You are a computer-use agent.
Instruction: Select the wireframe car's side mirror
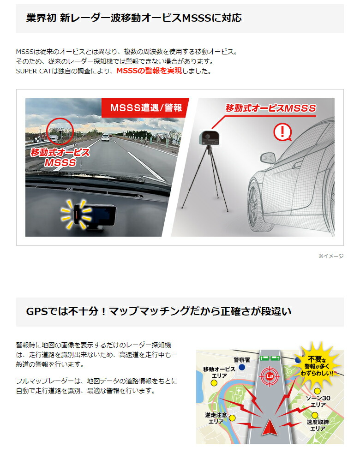pos(268,158)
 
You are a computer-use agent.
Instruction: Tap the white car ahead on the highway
pos(106,137)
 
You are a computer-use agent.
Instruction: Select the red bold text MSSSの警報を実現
pos(149,71)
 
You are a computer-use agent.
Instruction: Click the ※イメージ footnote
pos(330,256)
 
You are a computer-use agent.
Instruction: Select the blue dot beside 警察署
pos(241,367)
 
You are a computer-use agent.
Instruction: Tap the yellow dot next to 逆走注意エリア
pos(232,418)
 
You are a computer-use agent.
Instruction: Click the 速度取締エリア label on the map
pos(318,425)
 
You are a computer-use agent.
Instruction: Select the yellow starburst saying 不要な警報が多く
pos(318,363)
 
